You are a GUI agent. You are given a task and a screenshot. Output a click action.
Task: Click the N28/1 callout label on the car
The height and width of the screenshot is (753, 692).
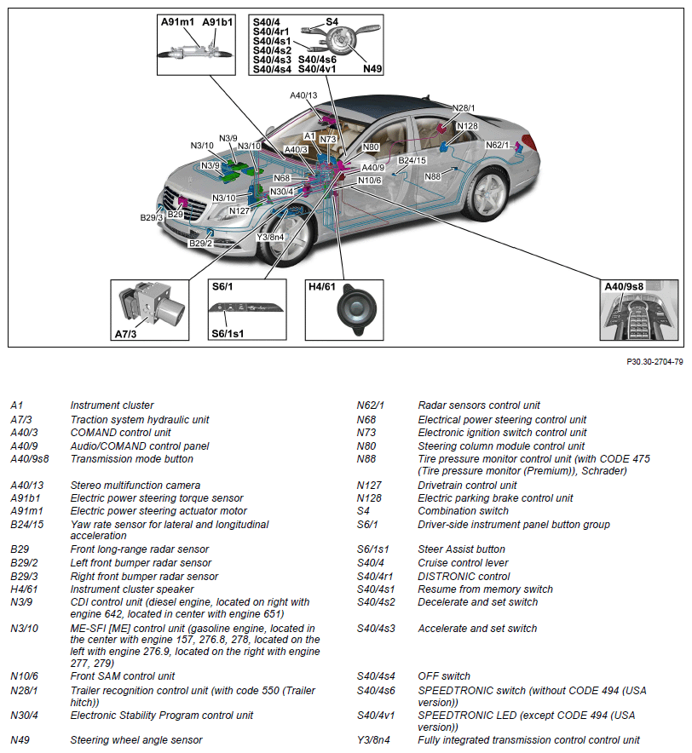pos(464,108)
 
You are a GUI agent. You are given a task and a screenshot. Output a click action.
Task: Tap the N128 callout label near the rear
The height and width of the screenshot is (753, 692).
pos(467,126)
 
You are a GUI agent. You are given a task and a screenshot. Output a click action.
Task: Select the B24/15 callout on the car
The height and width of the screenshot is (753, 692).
pos(412,160)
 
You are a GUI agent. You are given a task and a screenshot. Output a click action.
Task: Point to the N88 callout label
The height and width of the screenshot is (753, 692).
pos(432,176)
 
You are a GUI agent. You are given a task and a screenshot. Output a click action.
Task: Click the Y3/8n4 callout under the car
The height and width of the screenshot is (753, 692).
pos(270,237)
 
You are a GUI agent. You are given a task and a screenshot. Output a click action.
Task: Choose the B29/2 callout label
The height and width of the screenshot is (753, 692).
pos(200,244)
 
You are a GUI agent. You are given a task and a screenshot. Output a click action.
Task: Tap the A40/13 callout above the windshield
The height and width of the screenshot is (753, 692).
pos(303,95)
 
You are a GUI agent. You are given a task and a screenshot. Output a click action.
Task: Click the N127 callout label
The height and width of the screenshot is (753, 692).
pos(239,210)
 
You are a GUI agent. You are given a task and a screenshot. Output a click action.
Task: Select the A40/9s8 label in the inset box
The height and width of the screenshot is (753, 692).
pos(626,287)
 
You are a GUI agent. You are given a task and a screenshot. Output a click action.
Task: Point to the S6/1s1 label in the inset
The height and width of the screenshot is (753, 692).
pos(228,333)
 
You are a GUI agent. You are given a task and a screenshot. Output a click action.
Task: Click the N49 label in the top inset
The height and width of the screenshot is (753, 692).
pos(372,68)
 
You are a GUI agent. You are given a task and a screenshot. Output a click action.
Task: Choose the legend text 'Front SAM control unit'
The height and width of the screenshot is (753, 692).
pos(122,676)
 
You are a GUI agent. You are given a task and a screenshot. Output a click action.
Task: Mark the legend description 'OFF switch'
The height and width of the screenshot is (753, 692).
pos(443,676)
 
